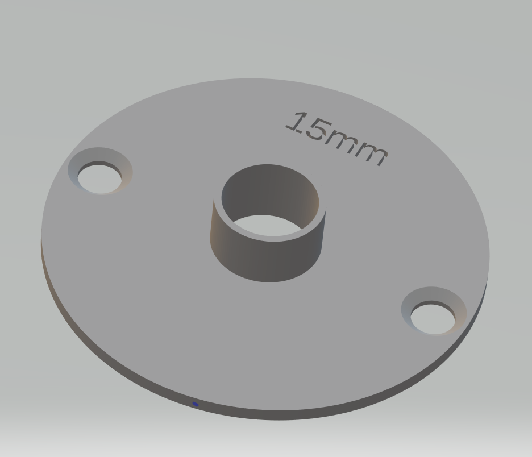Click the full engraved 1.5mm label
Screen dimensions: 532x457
point(336,139)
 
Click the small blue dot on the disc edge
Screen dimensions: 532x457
point(196,404)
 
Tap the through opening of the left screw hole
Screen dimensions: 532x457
point(99,180)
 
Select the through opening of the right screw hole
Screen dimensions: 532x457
point(433,319)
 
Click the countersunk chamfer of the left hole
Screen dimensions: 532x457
point(126,169)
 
